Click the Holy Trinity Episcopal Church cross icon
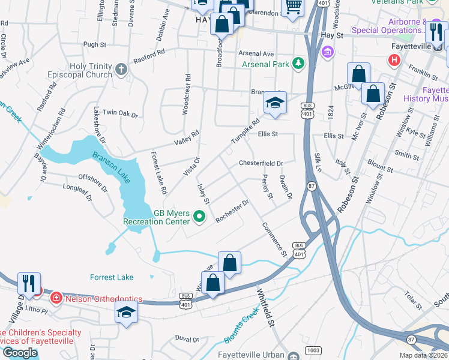pyautogui.click(x=121, y=69)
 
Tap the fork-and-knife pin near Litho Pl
pyautogui.click(x=29, y=283)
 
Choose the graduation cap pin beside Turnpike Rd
pyautogui.click(x=275, y=103)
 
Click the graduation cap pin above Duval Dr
pyautogui.click(x=126, y=313)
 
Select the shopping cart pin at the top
pyautogui.click(x=292, y=7)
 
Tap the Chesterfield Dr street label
pyautogui.click(x=261, y=163)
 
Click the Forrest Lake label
pyautogui.click(x=112, y=277)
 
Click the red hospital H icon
pyautogui.click(x=394, y=60)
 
